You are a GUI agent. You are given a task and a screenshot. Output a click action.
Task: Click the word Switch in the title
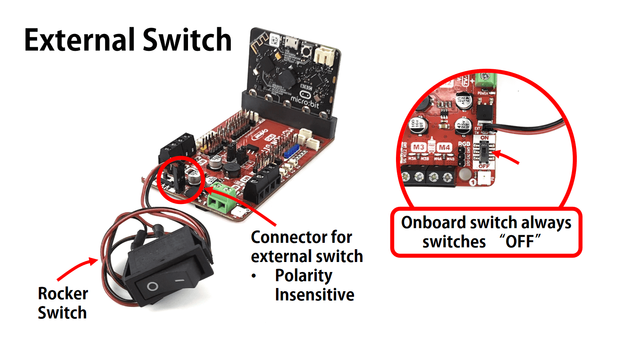187,40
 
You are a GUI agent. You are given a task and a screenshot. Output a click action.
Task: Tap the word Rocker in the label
63,294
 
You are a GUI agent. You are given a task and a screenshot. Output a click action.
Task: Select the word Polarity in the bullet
304,276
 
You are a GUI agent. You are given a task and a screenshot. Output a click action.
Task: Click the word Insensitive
314,295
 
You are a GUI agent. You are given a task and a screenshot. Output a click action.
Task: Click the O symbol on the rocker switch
152,286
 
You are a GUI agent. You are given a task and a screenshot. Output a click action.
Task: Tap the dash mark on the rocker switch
180,281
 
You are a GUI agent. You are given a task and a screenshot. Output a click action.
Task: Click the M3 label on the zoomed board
418,147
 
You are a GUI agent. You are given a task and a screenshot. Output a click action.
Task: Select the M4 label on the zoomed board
444,147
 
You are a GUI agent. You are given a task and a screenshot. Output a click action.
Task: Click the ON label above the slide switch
484,138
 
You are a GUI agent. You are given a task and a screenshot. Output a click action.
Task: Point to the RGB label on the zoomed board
464,144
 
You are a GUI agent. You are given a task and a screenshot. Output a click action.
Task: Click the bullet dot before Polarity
254,276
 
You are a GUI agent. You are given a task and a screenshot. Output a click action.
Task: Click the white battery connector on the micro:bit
324,56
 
